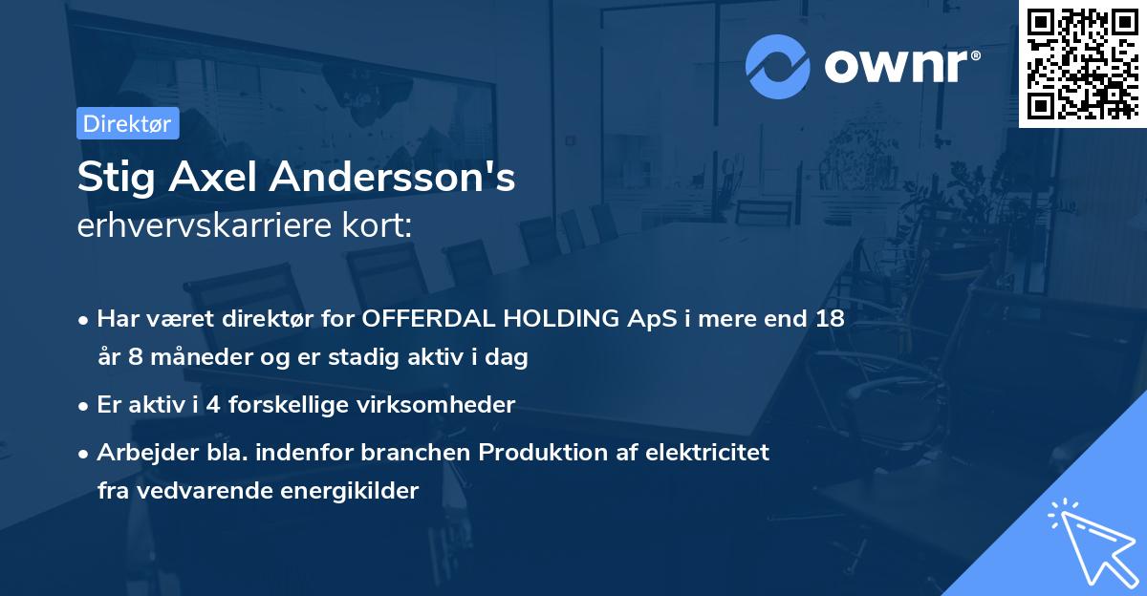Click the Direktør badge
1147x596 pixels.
[127, 123]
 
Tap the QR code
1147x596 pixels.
[1082, 63]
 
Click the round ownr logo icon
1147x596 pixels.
[778, 67]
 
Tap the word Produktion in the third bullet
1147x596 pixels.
[511, 453]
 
